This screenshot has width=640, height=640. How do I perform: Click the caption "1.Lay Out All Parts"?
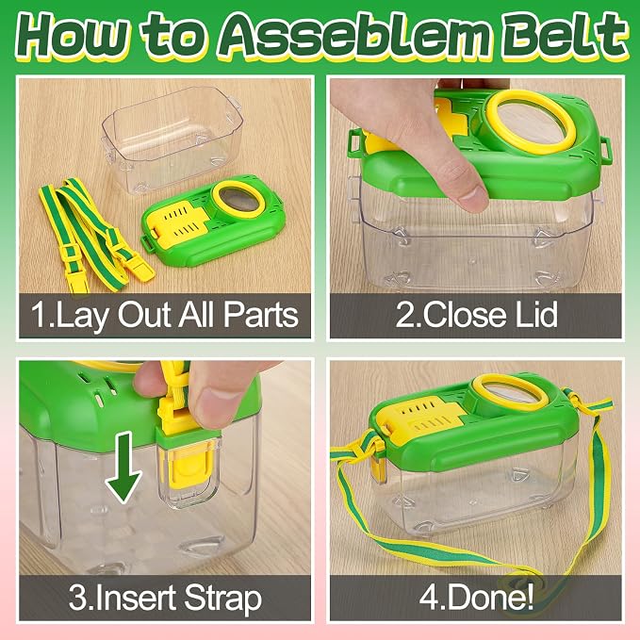165,315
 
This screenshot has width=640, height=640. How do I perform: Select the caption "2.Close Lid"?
476,314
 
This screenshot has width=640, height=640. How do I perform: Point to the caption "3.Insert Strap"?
165,599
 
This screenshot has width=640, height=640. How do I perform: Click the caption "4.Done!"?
476,598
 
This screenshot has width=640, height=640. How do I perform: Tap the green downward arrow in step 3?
123,468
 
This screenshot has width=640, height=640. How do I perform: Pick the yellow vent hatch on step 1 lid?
180,222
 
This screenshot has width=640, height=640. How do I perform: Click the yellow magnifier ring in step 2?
529,122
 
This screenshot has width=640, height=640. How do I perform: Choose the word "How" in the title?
74,36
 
